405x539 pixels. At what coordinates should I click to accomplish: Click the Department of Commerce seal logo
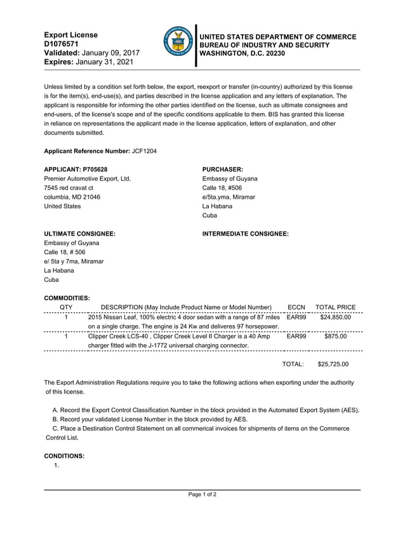point(178,43)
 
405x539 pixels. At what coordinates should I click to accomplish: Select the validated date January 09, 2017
point(112,54)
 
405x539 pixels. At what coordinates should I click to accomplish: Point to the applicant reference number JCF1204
point(144,151)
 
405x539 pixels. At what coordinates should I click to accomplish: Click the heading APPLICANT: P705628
point(76,170)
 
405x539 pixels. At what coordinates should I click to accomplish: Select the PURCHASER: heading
point(222,170)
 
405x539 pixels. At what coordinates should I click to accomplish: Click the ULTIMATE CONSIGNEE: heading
point(79,234)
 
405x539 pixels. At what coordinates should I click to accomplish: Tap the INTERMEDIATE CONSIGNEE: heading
point(245,234)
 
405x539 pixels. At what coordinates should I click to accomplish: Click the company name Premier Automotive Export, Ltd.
point(87,179)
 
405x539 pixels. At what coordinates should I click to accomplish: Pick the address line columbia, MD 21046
point(72,197)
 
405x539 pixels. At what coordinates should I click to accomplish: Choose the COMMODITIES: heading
point(67,298)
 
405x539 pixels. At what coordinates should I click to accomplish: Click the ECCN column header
point(296,307)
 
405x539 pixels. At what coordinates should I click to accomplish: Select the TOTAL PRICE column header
point(335,307)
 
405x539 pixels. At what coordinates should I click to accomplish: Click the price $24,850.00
point(335,317)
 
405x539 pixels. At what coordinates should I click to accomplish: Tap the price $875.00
point(335,336)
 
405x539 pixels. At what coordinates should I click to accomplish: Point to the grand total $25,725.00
point(333,364)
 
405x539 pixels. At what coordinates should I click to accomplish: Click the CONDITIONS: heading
point(64,456)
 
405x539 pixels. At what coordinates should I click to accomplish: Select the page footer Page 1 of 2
point(202,494)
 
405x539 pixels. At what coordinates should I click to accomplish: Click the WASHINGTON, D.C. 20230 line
point(242,53)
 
